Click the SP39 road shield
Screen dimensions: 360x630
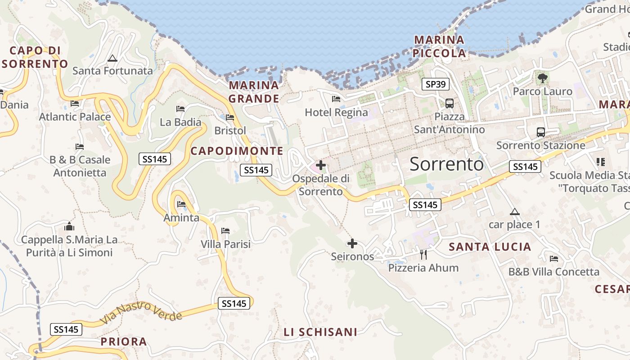click(x=436, y=84)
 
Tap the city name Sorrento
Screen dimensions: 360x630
click(x=446, y=164)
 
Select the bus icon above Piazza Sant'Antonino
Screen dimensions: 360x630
click(x=449, y=103)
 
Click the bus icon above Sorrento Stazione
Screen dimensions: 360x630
click(x=541, y=132)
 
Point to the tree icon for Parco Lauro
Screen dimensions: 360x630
click(x=543, y=78)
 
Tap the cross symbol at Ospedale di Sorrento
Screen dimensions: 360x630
click(x=321, y=165)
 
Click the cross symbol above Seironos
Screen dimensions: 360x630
click(x=352, y=243)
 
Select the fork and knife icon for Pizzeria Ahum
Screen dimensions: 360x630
click(x=423, y=255)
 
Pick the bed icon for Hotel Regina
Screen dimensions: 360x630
click(x=336, y=99)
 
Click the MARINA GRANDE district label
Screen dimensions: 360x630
click(x=254, y=92)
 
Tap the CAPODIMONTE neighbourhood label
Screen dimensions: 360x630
click(x=237, y=151)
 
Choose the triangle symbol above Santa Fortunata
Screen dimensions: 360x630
click(x=112, y=58)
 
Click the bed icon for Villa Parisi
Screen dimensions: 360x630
click(x=225, y=231)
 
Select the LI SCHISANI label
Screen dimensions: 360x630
click(x=320, y=332)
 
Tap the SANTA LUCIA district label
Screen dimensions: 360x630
click(x=490, y=247)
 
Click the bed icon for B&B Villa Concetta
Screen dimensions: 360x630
click(x=554, y=259)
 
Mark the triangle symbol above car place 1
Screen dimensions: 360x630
click(x=514, y=211)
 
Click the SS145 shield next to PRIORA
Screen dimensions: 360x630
click(x=66, y=329)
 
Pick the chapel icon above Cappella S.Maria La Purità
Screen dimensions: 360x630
click(x=69, y=226)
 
